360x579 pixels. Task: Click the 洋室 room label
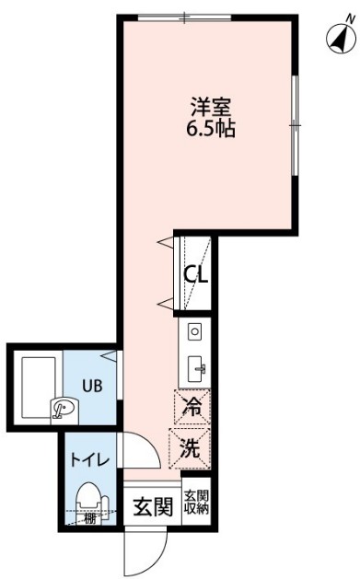coord(211,107)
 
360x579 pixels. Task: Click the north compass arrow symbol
coord(340,37)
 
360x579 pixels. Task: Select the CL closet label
coord(195,273)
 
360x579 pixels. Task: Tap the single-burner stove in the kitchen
coord(194,331)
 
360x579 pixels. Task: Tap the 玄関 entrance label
coord(152,507)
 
